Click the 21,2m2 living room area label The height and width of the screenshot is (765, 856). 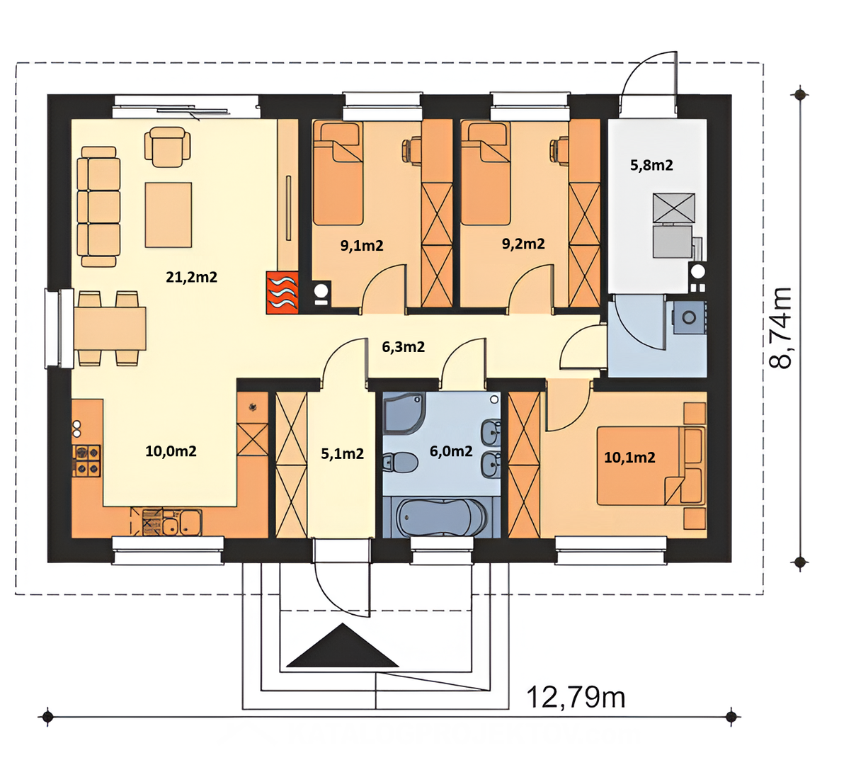191,277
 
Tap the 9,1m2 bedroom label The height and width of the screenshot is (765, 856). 362,246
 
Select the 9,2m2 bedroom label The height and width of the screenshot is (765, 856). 523,244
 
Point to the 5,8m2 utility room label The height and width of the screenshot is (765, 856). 651,165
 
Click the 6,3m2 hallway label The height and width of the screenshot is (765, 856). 403,347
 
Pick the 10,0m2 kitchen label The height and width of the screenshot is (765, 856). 171,451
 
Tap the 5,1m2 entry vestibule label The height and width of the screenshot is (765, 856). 342,454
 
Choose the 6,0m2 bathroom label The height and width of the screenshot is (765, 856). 451,451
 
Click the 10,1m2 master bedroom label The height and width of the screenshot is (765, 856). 629,458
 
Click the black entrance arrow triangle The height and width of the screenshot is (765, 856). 342,645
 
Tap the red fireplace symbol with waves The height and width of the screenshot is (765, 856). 283,293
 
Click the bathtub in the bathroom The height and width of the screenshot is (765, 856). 440,516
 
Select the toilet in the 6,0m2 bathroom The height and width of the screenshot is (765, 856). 400,461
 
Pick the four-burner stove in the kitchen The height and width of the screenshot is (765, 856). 86,460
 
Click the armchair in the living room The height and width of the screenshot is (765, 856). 167,148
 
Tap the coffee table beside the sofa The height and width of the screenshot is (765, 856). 169,215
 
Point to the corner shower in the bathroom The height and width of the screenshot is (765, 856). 404,414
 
